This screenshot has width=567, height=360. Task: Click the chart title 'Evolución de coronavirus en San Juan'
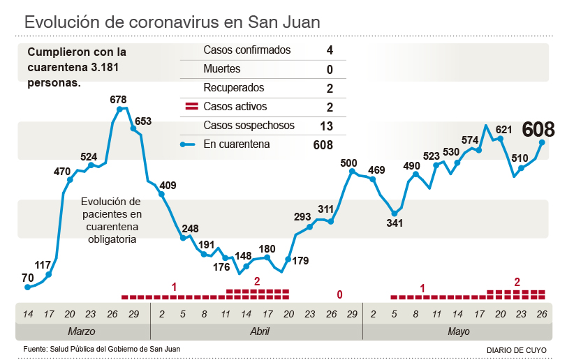pyautogui.click(x=172, y=22)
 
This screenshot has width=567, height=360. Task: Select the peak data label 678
pyautogui.click(x=118, y=99)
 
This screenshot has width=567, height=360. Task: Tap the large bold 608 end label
pyautogui.click(x=538, y=129)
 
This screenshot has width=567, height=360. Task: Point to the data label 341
pyautogui.click(x=395, y=224)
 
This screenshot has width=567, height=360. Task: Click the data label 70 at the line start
pyautogui.click(x=27, y=278)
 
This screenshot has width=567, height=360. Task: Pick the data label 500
pyautogui.click(x=348, y=163)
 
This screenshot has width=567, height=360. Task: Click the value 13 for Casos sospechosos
pyautogui.click(x=325, y=126)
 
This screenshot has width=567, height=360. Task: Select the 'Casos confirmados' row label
pyautogui.click(x=246, y=50)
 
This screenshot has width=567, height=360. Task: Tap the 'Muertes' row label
pyautogui.click(x=221, y=69)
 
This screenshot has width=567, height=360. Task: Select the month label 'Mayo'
pyautogui.click(x=458, y=331)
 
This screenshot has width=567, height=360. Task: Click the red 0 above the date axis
pyautogui.click(x=339, y=295)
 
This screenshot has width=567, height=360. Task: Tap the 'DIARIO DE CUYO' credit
pyautogui.click(x=517, y=350)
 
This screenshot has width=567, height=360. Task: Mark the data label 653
pyautogui.click(x=142, y=121)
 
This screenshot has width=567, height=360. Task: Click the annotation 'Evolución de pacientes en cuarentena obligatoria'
pyautogui.click(x=111, y=218)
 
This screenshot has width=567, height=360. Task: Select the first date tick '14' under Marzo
pyautogui.click(x=27, y=314)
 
